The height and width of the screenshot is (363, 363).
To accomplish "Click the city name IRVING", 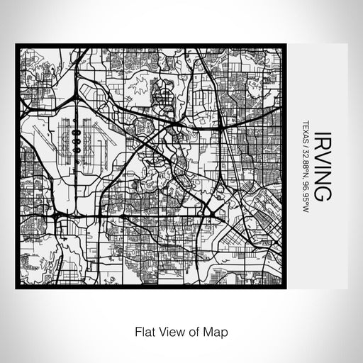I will pos(320,164).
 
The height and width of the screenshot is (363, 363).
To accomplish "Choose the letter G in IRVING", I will pos(320,193).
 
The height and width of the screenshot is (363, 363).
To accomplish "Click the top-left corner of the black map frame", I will pos(16,46).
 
